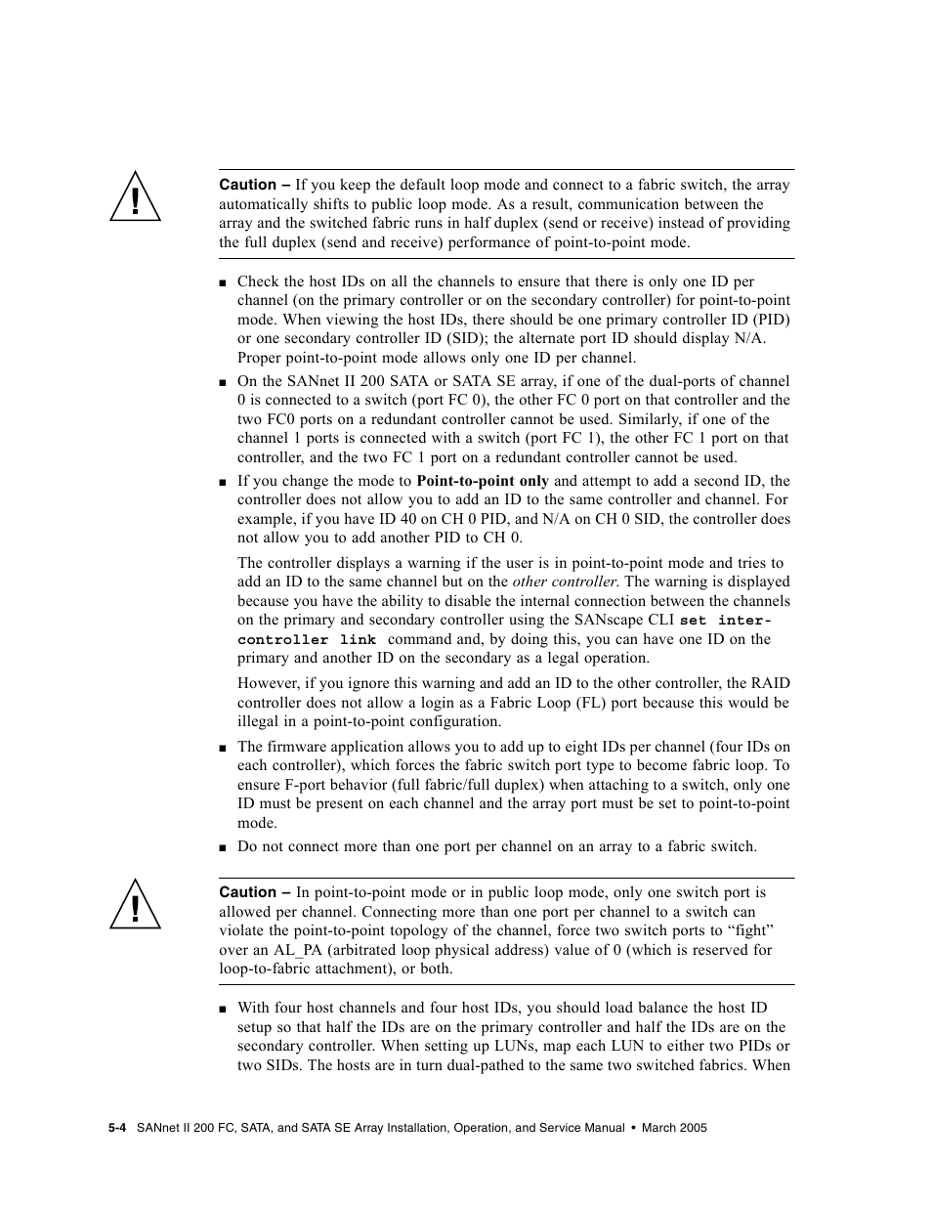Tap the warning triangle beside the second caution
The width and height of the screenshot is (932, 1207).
click(135, 908)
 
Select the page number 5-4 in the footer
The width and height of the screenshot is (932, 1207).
click(118, 1128)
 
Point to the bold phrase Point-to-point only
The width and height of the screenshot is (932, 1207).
click(483, 481)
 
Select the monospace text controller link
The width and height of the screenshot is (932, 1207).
click(307, 640)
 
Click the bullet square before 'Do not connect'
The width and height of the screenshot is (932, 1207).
click(224, 847)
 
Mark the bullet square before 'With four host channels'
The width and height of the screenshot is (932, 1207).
click(224, 1009)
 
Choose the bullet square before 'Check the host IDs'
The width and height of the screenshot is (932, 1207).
click(224, 282)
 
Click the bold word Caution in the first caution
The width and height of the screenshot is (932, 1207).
click(247, 185)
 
